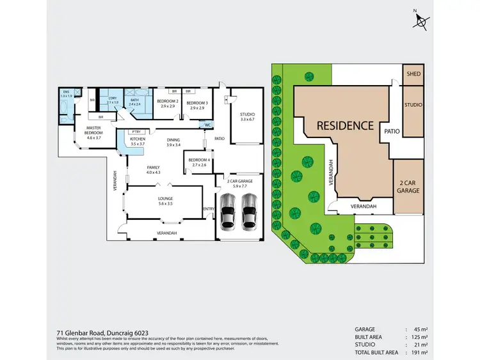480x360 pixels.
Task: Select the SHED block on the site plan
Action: pyautogui.click(x=413, y=74)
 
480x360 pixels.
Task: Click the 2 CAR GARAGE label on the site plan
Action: pyautogui.click(x=408, y=187)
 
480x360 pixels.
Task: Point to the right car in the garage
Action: pyautogui.click(x=249, y=211)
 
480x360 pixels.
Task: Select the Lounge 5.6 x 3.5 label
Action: pyautogui.click(x=166, y=201)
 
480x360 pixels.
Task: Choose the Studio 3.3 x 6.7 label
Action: pyautogui.click(x=247, y=116)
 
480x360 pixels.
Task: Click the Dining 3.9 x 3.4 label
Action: pyautogui.click(x=173, y=142)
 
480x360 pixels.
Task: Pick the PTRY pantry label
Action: pyautogui.click(x=136, y=131)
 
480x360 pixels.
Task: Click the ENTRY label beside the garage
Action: pyautogui.click(x=209, y=208)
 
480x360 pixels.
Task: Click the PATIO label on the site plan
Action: pyautogui.click(x=392, y=131)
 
